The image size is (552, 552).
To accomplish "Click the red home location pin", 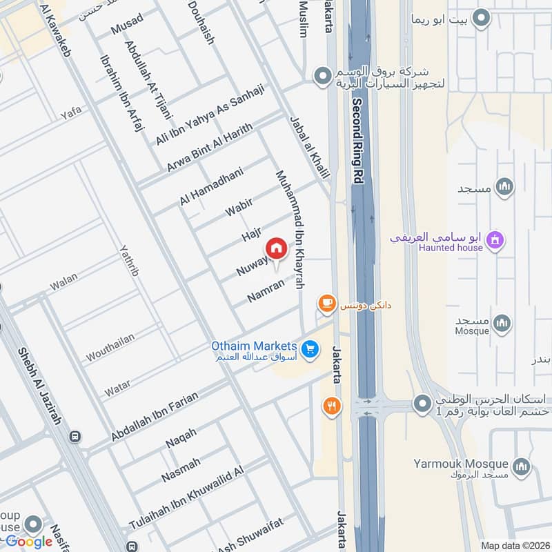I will (276, 248).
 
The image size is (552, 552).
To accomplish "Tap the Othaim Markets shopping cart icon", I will (310, 350).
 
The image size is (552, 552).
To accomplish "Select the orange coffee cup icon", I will (326, 302).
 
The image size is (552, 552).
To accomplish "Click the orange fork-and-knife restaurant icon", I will (333, 406).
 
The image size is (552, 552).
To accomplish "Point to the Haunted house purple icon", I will (495, 240).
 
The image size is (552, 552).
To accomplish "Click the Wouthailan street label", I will (110, 347).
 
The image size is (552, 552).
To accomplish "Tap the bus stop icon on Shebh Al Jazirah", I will (75, 436).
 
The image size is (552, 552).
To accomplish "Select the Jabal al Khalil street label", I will (313, 146).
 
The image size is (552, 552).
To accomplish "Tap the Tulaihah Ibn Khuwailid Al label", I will (186, 500).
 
